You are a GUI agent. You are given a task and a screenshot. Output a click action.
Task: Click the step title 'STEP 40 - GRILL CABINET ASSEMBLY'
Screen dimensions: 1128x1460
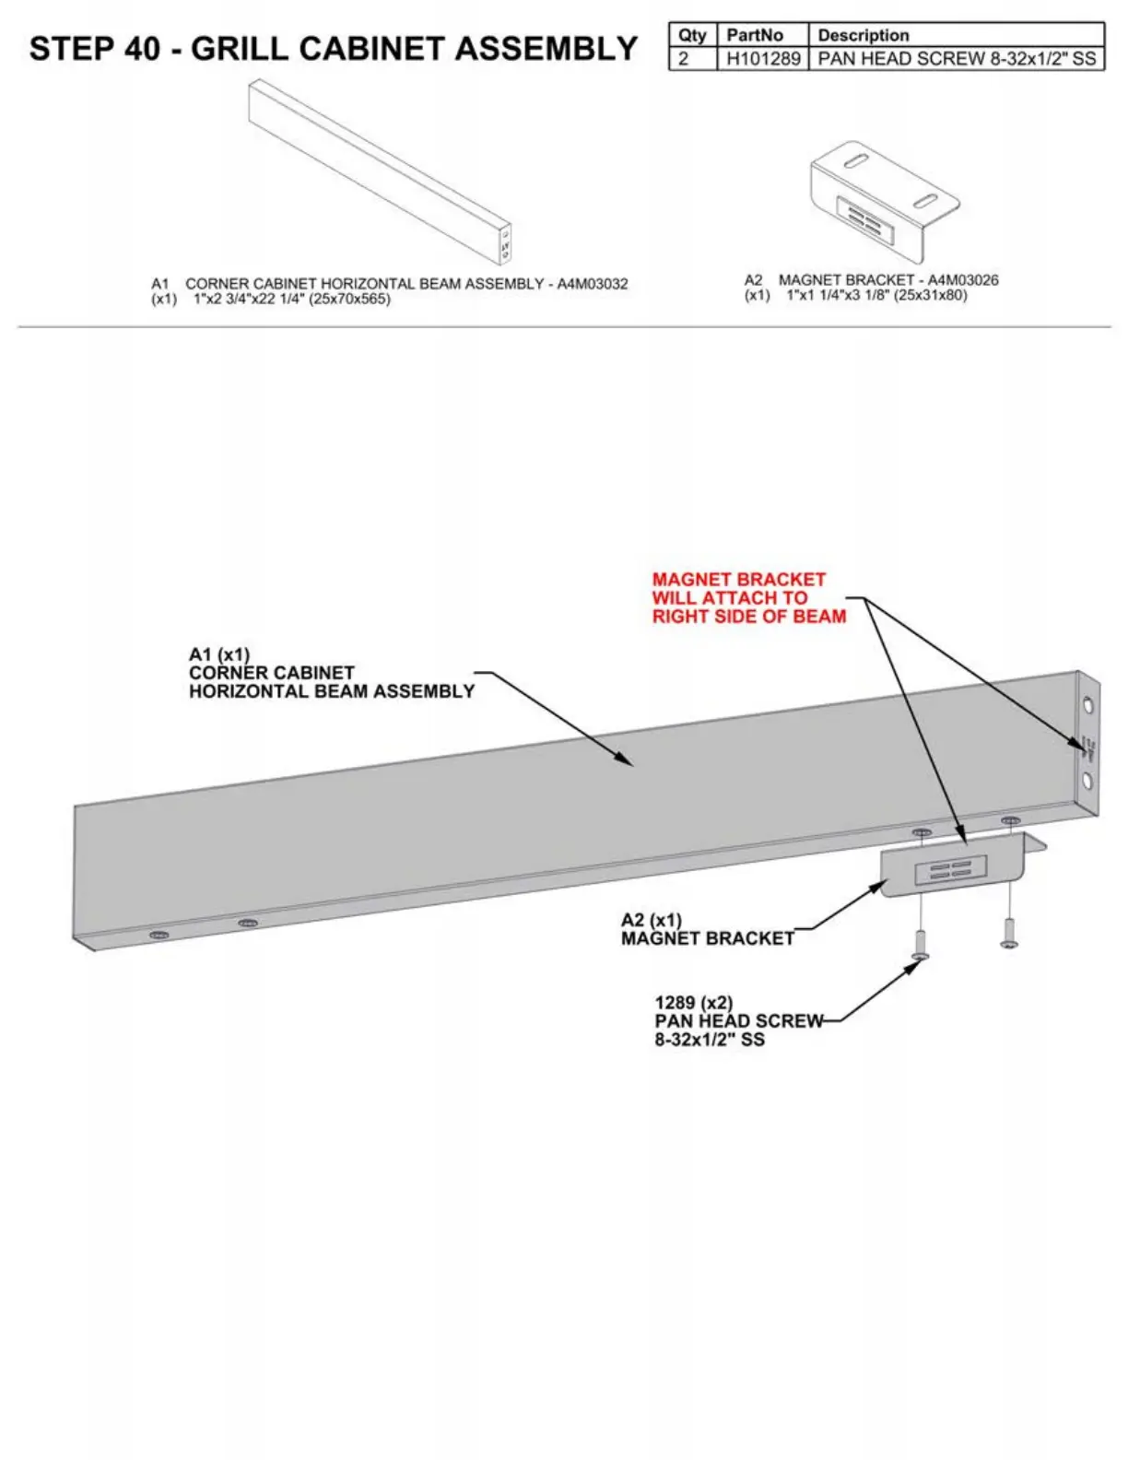pyautogui.click(x=333, y=49)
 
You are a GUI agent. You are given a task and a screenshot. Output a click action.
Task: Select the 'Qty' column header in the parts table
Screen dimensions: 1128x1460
pyautogui.click(x=692, y=35)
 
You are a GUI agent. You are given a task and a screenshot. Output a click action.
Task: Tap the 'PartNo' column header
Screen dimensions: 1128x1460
pyautogui.click(x=755, y=35)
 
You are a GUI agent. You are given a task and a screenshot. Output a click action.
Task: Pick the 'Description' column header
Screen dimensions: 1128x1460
pyautogui.click(x=864, y=35)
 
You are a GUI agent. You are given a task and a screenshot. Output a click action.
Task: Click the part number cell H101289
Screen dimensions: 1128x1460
pyautogui.click(x=763, y=59)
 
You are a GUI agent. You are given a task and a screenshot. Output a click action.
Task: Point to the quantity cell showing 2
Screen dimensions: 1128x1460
pyautogui.click(x=684, y=59)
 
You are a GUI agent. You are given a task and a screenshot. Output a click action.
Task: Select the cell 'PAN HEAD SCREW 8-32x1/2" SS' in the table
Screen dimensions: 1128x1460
pyautogui.click(x=957, y=59)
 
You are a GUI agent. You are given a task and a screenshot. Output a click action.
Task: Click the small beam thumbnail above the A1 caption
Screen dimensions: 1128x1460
pyautogui.click(x=380, y=171)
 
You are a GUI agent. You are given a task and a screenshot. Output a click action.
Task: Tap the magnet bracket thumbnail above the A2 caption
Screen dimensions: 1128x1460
pyautogui.click(x=884, y=200)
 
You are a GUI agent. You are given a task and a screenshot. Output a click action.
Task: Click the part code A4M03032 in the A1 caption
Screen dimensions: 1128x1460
pyautogui.click(x=593, y=284)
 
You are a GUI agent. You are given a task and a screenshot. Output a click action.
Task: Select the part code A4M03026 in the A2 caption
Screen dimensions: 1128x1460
pyautogui.click(x=962, y=280)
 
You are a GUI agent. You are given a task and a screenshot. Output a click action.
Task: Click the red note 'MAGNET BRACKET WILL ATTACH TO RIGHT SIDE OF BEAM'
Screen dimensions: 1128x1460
pyautogui.click(x=748, y=598)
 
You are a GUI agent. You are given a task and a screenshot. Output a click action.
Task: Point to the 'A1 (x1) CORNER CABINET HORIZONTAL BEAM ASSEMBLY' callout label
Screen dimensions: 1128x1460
pyautogui.click(x=331, y=674)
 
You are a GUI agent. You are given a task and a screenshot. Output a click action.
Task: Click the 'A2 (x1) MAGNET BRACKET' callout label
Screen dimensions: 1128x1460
pyautogui.click(x=707, y=929)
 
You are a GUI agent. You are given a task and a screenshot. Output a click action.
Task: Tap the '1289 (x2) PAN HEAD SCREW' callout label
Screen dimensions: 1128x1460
pyautogui.click(x=738, y=1021)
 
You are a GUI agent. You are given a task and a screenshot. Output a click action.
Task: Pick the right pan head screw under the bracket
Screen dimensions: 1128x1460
pyautogui.click(x=1009, y=932)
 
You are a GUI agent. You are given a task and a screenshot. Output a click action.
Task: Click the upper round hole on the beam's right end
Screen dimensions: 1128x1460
pyautogui.click(x=1089, y=707)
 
